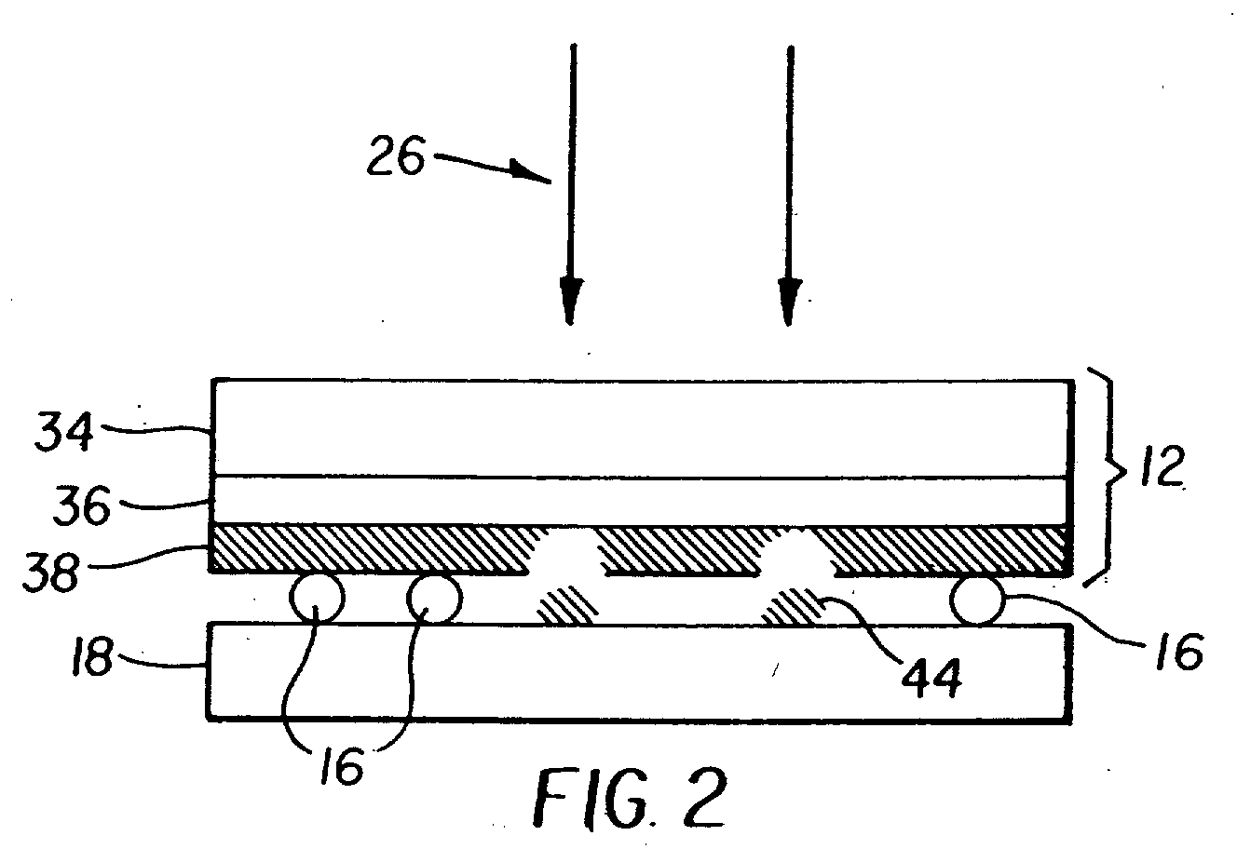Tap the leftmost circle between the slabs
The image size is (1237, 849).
[317, 599]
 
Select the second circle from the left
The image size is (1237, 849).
[433, 599]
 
